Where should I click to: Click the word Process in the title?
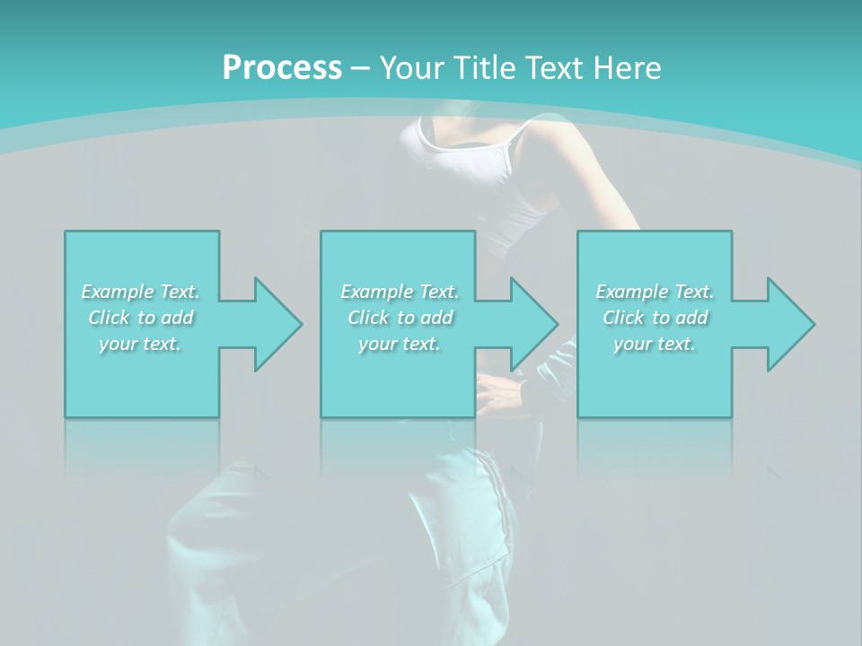pos(282,67)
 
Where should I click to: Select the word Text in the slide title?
pos(557,68)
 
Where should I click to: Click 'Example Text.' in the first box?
pos(140,292)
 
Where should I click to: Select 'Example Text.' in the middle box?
pos(400,292)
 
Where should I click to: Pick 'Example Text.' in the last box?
pos(655,292)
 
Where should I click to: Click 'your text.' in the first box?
pos(140,344)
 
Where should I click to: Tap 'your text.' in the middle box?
pos(400,344)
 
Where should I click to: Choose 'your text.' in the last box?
pos(655,344)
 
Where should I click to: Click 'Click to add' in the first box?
pos(140,318)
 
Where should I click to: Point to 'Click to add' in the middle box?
pos(400,318)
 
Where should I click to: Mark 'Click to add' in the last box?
pos(655,318)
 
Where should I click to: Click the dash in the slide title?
pos(361,68)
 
